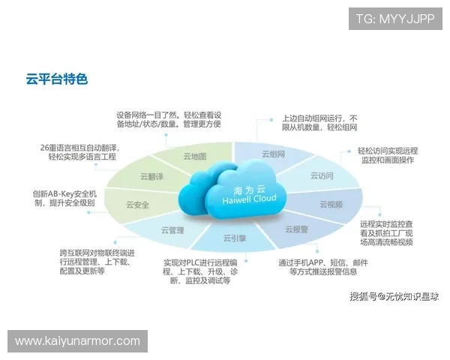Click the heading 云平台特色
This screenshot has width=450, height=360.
click(56, 78)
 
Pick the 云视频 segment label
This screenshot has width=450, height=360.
click(331, 203)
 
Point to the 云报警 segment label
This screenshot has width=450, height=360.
click(295, 229)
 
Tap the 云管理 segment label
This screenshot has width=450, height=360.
click(172, 230)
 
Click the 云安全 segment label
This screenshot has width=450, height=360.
click(137, 204)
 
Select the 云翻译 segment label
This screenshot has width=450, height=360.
click(151, 177)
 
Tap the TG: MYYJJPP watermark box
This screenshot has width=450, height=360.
click(394, 19)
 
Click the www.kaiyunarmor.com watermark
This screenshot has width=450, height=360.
click(77, 341)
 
